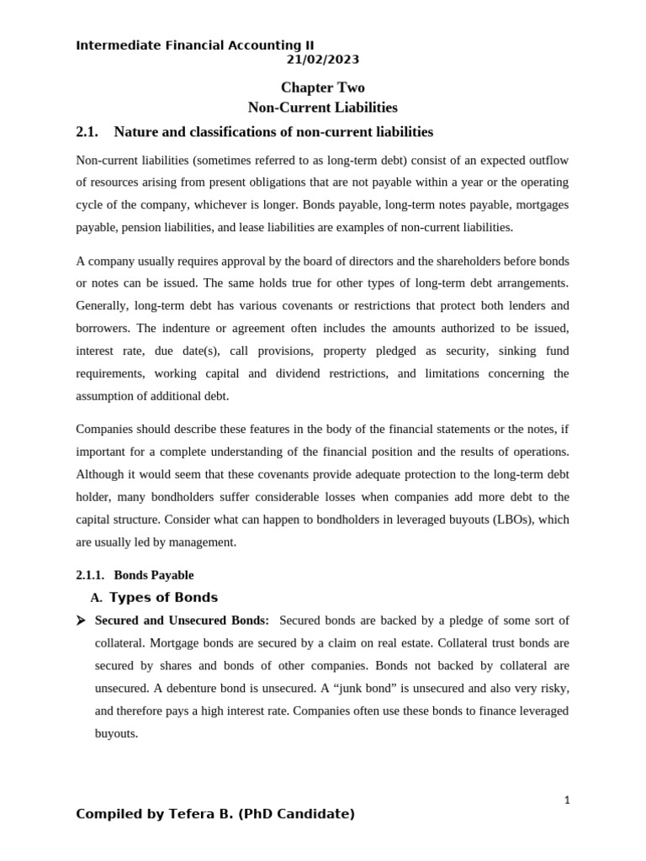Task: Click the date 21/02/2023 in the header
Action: tap(322, 60)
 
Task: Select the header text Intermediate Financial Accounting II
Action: tap(195, 45)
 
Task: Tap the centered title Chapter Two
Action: tap(322, 87)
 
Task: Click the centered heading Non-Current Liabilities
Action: tap(322, 108)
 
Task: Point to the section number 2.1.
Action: tap(87, 132)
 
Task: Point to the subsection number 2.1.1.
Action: tap(90, 575)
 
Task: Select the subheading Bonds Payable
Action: tap(154, 575)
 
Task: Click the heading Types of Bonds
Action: tap(163, 598)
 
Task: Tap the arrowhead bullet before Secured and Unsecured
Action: tap(81, 621)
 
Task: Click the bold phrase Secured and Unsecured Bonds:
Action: tap(182, 621)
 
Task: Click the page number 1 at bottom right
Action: tap(567, 800)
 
